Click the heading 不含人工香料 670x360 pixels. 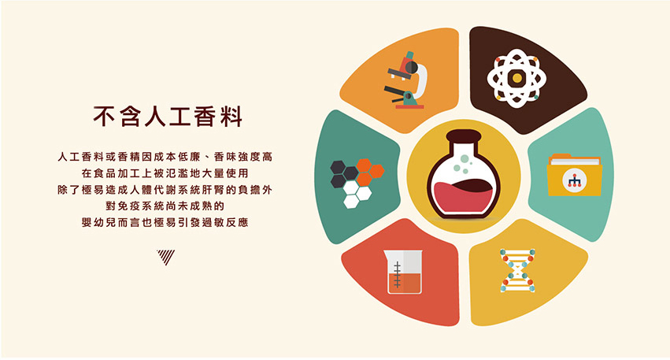pyautogui.click(x=168, y=117)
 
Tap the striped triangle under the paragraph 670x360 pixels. pyautogui.click(x=165, y=257)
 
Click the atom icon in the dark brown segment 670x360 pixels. pyautogui.click(x=516, y=78)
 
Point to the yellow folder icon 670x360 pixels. pyautogui.click(x=574, y=175)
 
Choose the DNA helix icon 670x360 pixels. pyautogui.click(x=517, y=271)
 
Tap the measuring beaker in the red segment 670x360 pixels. pyautogui.click(x=403, y=272)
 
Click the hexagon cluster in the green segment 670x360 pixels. pyautogui.click(x=357, y=184)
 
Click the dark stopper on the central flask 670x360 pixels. pyautogui.click(x=464, y=137)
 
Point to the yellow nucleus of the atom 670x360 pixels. pyautogui.click(x=517, y=78)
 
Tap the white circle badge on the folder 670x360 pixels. pyautogui.click(x=574, y=180)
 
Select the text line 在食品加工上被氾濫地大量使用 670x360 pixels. pyautogui.click(x=165, y=173)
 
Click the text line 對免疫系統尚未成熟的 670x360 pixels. pyautogui.click(x=165, y=206)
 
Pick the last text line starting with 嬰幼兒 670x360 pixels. pyautogui.click(x=165, y=222)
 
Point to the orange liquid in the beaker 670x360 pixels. pyautogui.click(x=404, y=282)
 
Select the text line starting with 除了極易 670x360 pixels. pyautogui.click(x=165, y=189)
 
